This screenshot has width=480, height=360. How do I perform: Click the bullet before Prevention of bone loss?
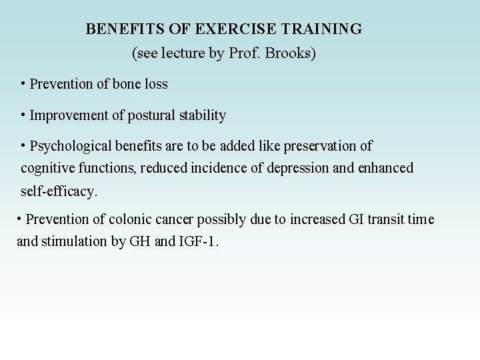pyautogui.click(x=23, y=84)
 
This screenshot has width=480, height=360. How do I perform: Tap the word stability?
pyautogui.click(x=203, y=116)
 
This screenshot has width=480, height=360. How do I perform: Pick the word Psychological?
pyautogui.click(x=71, y=146)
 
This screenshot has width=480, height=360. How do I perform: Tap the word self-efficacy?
pyautogui.click(x=59, y=192)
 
